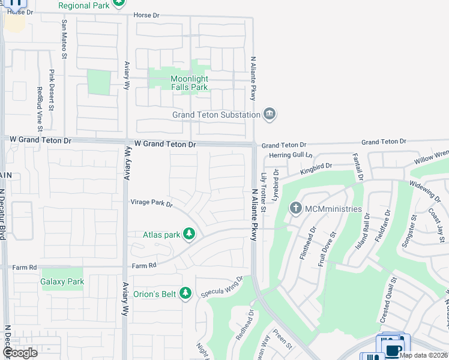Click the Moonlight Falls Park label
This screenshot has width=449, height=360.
pyautogui.click(x=189, y=83)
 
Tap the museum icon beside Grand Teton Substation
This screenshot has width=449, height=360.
pyautogui.click(x=270, y=115)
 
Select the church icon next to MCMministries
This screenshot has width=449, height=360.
pyautogui.click(x=295, y=209)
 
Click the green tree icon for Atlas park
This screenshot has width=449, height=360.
pyautogui.click(x=189, y=234)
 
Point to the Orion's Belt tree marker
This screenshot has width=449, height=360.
pyautogui.click(x=186, y=293)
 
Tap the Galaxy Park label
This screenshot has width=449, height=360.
pyautogui.click(x=62, y=281)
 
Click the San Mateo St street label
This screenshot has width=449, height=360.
pyautogui.click(x=64, y=39)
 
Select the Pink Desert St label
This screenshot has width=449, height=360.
pyautogui.click(x=52, y=90)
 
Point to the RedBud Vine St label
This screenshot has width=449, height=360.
pyautogui.click(x=40, y=108)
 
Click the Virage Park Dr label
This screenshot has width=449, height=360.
pyautogui.click(x=152, y=204)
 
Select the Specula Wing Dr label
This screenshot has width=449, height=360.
pyautogui.click(x=223, y=287)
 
